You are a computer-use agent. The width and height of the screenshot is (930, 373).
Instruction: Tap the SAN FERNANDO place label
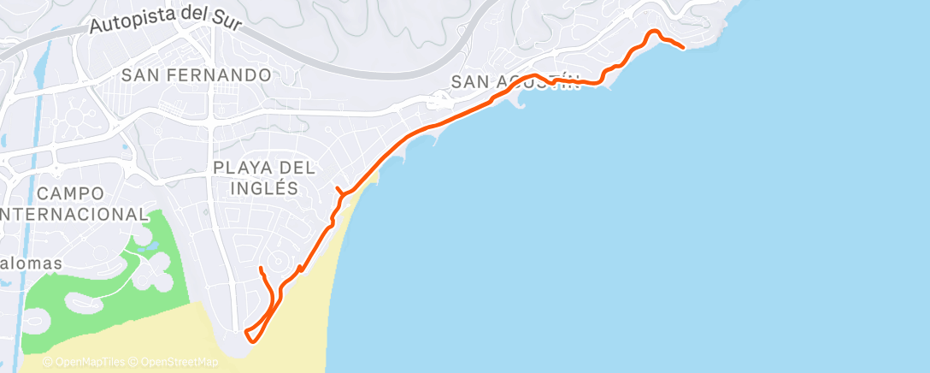(x=196, y=75)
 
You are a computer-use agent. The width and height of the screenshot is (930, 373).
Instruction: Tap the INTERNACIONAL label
(x=74, y=214)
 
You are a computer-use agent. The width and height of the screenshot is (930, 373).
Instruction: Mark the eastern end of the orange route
(x=683, y=48)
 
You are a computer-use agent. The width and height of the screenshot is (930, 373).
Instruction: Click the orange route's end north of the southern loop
(x=260, y=269)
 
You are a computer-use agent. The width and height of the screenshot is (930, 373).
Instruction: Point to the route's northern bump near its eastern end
(x=654, y=32)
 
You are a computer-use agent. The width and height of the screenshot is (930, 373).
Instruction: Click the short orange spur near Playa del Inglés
(x=338, y=189)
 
